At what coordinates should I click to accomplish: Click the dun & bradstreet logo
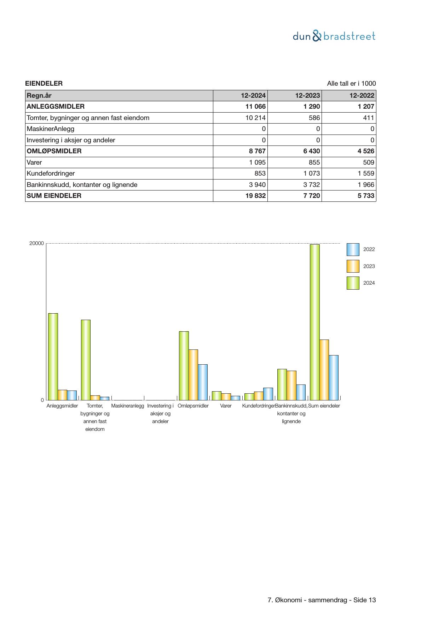334,36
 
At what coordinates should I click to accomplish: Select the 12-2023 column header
307,96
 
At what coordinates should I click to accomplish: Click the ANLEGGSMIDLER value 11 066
255,107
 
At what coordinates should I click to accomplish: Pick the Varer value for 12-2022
368,163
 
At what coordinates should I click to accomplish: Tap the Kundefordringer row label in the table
51,173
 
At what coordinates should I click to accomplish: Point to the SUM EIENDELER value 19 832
255,196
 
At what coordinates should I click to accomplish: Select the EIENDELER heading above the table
44,84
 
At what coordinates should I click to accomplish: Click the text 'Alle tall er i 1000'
351,84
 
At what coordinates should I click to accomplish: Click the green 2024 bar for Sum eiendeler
315,322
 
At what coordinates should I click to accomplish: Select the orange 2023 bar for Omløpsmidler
193,375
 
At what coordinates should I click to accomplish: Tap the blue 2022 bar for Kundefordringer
268,394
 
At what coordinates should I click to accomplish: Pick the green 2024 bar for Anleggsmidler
53,357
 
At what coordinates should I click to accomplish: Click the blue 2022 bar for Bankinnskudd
301,392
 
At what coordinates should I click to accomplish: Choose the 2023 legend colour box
353,266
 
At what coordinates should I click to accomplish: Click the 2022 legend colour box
353,250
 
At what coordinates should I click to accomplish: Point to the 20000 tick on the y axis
36,244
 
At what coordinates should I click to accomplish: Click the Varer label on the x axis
226,406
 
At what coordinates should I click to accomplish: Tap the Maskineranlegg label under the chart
128,406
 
